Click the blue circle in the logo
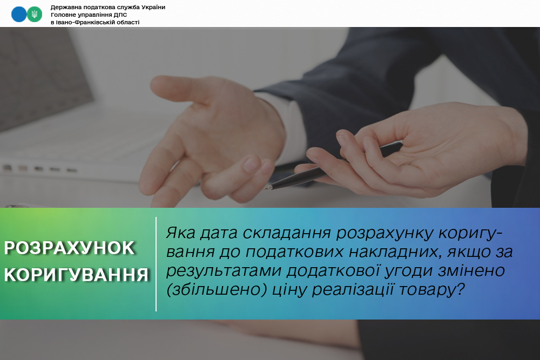coord(18,14)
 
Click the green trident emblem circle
coord(35,14)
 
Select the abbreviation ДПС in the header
coord(120,15)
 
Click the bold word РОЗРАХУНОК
coord(69,248)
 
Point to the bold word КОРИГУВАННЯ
coord(77,275)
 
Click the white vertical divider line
coord(156,264)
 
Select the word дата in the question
coord(219,233)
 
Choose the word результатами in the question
coord(224,271)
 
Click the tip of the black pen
coord(265,188)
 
